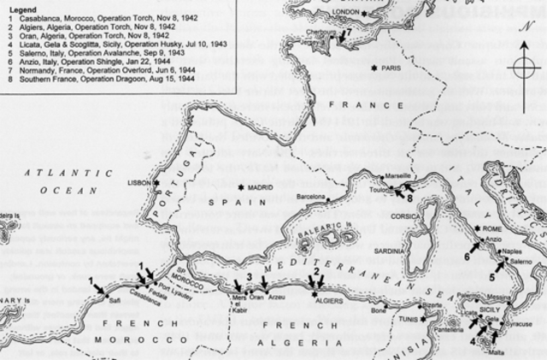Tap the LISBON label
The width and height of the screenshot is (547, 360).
140,183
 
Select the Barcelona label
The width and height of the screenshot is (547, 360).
310,197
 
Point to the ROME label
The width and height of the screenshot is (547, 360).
491,229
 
